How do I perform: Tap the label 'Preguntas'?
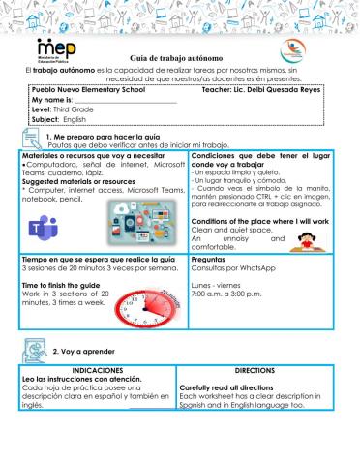tap(210, 260)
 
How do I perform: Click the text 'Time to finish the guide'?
tap(66, 287)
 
